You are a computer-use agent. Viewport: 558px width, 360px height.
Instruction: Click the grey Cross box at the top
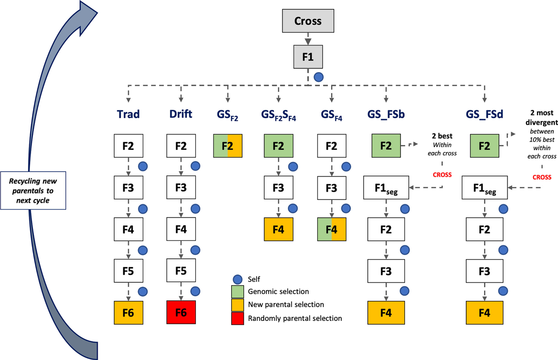(x=307, y=21)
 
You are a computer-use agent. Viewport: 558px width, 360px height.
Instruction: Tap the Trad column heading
(x=128, y=114)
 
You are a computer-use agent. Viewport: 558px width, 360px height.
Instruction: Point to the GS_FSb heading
(x=386, y=114)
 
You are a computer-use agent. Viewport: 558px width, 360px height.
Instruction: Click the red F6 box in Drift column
(x=181, y=314)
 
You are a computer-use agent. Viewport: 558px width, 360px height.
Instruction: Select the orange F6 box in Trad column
(x=128, y=314)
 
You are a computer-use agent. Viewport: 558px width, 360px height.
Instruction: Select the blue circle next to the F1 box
(x=318, y=77)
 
